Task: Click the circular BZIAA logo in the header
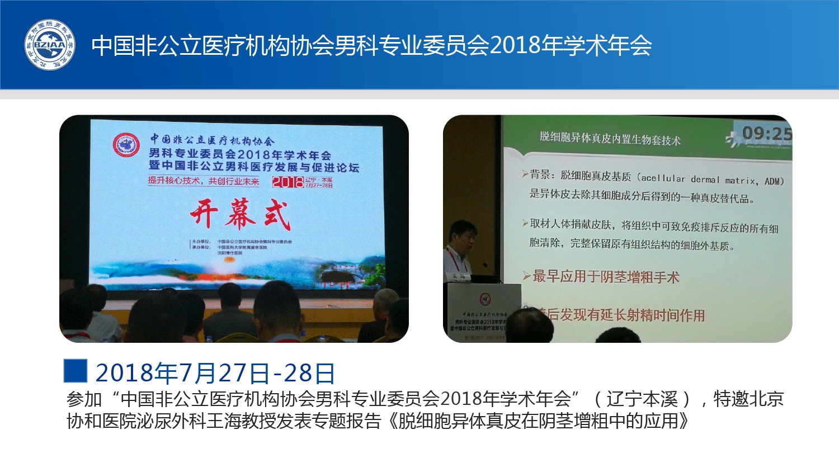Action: pos(50,45)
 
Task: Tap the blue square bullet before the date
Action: pos(76,371)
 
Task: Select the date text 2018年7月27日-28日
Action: pos(215,373)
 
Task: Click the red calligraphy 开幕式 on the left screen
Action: pos(241,215)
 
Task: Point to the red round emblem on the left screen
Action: pos(126,145)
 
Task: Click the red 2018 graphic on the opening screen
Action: pos(287,182)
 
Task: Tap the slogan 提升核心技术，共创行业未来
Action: pos(204,181)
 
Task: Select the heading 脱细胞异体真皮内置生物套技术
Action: pos(610,138)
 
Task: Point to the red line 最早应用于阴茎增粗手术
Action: pos(606,277)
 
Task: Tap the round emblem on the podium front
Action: pos(485,299)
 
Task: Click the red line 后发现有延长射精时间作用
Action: pos(624,315)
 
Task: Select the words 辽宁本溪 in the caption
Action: pos(642,399)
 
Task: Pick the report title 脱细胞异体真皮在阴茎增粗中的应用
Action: pos(538,421)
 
